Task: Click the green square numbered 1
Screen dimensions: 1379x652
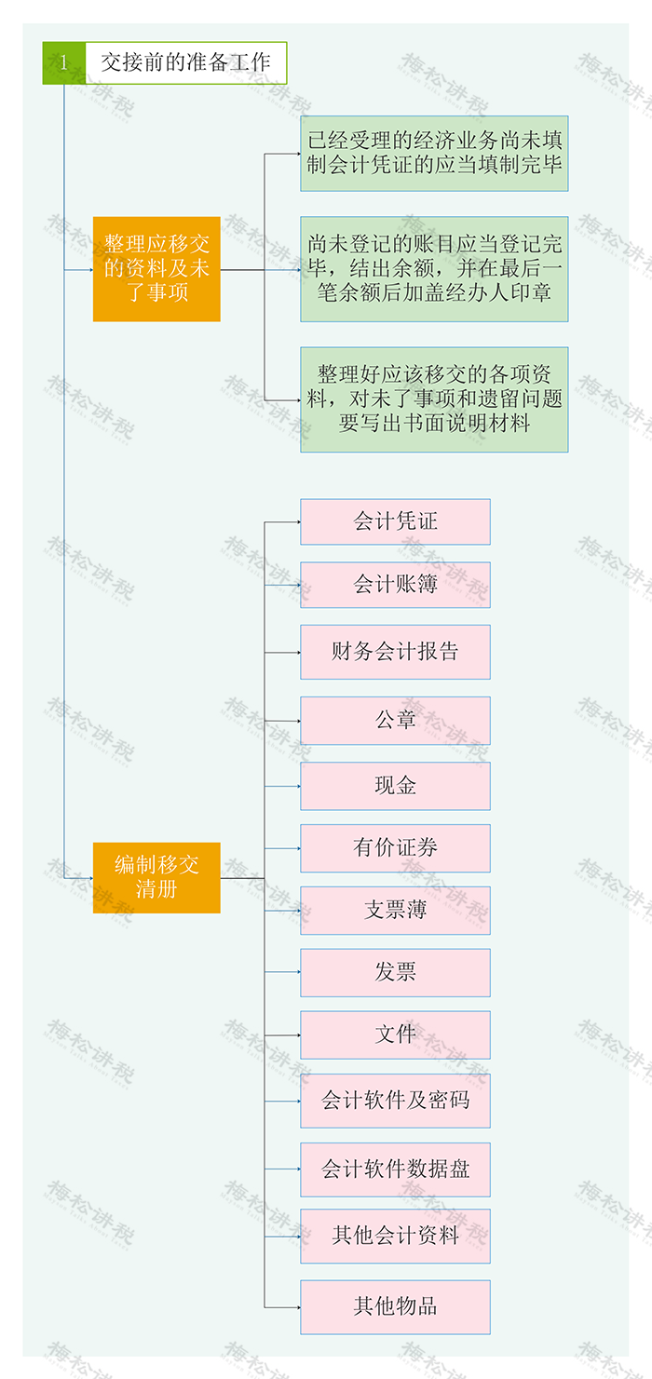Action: tap(63, 63)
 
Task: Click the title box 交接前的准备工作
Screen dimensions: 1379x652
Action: tap(185, 63)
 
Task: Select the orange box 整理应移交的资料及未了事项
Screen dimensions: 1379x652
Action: tap(156, 269)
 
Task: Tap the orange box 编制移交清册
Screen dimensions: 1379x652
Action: tap(156, 877)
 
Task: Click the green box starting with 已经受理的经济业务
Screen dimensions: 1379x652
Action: tap(434, 154)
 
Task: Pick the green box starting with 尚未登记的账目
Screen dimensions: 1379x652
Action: tap(434, 269)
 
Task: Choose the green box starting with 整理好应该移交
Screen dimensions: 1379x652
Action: tap(434, 399)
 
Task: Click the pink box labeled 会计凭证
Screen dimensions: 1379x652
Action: tap(395, 521)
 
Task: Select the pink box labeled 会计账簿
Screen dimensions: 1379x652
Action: tap(395, 585)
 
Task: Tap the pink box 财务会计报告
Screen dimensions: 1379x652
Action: tap(395, 652)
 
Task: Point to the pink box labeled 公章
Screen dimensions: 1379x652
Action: tap(395, 720)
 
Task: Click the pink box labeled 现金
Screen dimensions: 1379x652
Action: tap(395, 786)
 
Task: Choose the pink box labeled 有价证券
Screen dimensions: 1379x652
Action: tap(395, 847)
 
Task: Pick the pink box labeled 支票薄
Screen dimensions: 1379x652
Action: tap(395, 910)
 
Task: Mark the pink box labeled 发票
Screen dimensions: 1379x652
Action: tap(395, 972)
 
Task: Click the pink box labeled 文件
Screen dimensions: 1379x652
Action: tap(395, 1034)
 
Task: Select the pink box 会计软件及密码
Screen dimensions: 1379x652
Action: tap(395, 1101)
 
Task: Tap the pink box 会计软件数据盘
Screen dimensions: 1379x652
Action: tap(395, 1169)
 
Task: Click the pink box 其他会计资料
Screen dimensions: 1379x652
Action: tap(395, 1236)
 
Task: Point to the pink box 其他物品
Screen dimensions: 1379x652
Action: tap(395, 1306)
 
